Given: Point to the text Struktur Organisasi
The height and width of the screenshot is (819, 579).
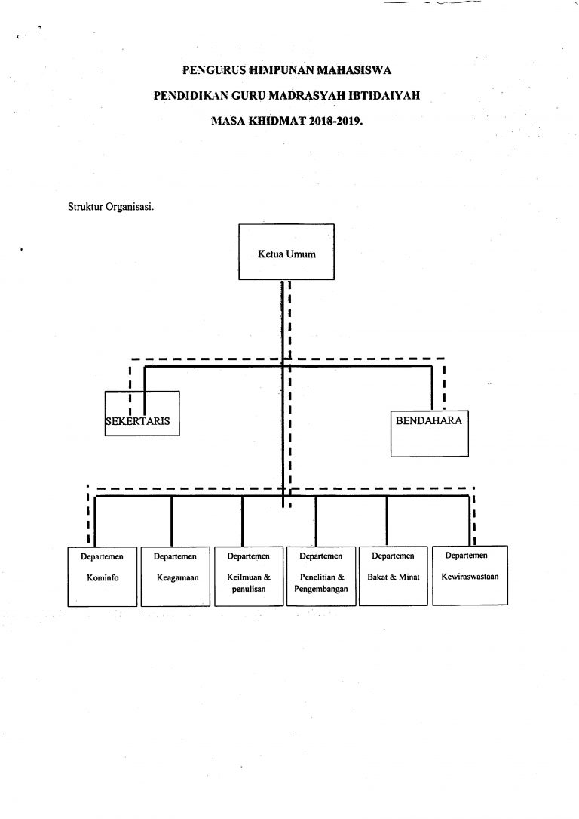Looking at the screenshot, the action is click(x=111, y=206).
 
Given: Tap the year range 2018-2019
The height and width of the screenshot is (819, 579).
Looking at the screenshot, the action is click(x=335, y=121).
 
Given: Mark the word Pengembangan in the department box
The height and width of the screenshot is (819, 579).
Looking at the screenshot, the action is click(x=321, y=590).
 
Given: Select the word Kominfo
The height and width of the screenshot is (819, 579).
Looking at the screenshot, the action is click(x=103, y=577).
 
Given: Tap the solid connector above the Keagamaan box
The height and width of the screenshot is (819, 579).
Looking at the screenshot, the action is click(x=172, y=521).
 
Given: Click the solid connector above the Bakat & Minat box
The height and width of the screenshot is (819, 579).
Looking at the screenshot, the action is click(x=387, y=521).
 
